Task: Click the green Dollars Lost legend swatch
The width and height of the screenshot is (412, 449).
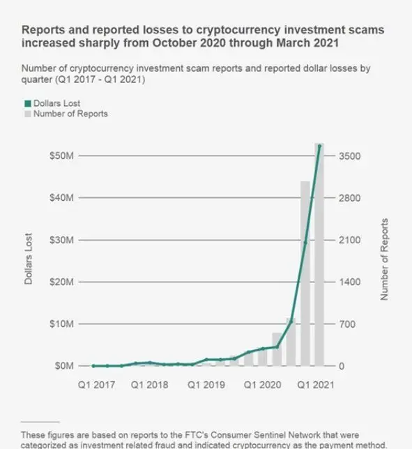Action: click(27, 104)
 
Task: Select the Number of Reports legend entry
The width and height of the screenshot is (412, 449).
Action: click(70, 114)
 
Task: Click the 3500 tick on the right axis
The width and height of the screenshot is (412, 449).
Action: click(350, 156)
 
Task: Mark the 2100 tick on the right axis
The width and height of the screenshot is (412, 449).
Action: click(350, 240)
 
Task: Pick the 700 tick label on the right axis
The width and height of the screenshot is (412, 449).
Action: click(348, 324)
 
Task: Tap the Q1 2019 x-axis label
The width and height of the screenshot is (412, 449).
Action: click(206, 384)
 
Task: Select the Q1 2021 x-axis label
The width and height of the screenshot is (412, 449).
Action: click(316, 384)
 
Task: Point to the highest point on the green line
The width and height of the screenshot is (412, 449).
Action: click(319, 146)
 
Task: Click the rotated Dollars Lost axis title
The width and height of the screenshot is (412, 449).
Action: click(29, 259)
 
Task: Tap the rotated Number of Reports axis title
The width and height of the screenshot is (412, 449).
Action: click(384, 259)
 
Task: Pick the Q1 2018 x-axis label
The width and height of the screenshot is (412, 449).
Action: click(151, 384)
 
